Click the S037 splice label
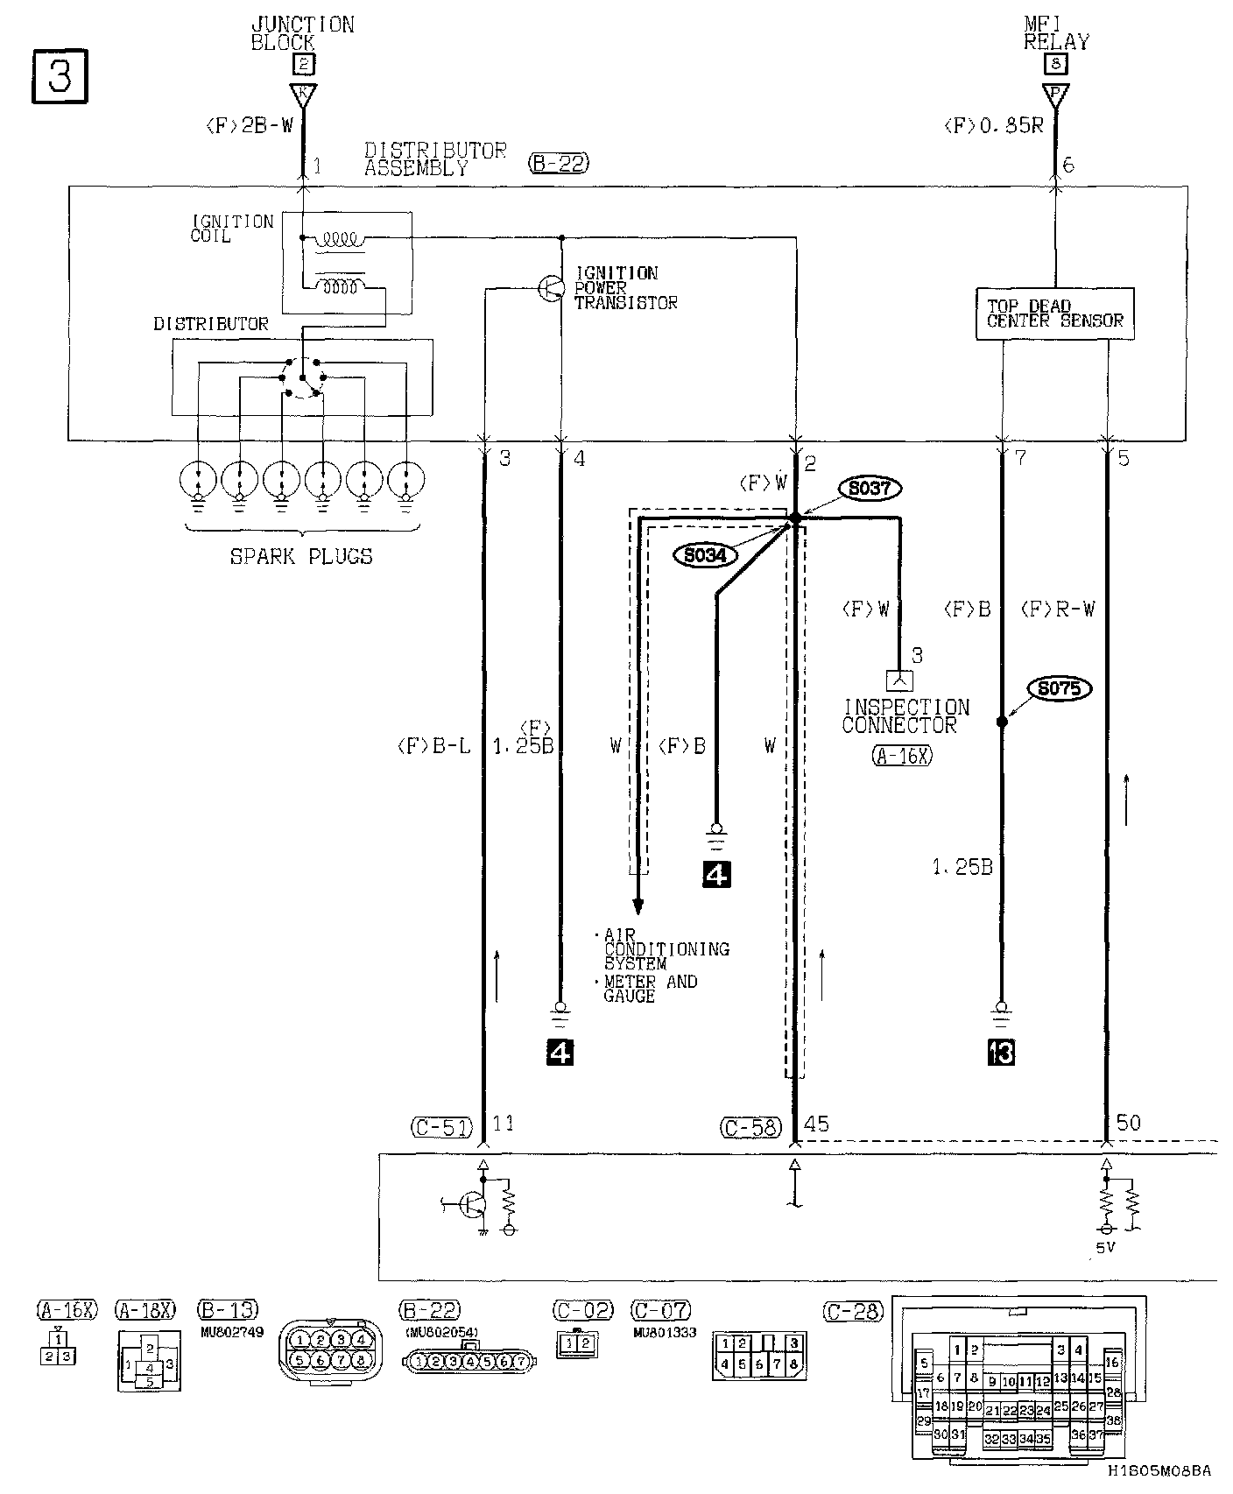click(x=869, y=488)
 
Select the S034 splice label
click(x=706, y=554)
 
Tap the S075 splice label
click(x=1060, y=688)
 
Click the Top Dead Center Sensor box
click(x=1054, y=314)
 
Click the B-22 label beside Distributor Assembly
click(x=559, y=163)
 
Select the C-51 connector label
click(x=440, y=1127)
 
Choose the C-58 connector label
click(x=751, y=1127)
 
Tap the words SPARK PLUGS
click(x=301, y=556)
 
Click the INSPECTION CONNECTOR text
click(x=905, y=715)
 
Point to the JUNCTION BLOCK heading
click(x=302, y=33)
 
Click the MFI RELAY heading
click(x=1057, y=33)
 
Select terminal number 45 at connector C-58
click(x=816, y=1123)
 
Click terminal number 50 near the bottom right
click(x=1129, y=1123)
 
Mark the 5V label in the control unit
click(x=1106, y=1247)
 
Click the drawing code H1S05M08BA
click(x=1159, y=1471)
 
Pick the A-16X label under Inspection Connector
click(x=902, y=756)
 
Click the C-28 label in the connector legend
click(x=853, y=1311)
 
